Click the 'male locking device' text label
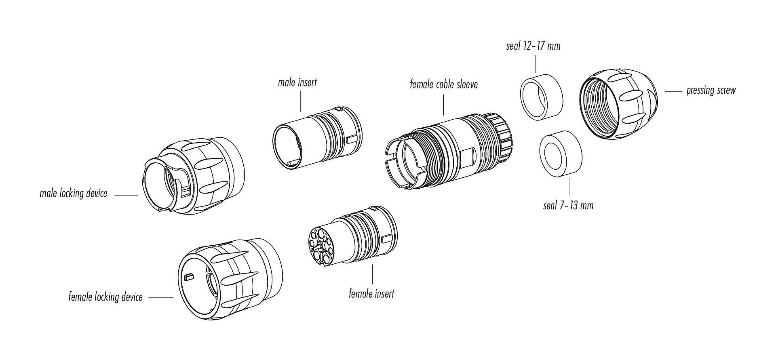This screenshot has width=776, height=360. tap(74, 194)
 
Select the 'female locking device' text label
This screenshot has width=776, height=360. tap(105, 297)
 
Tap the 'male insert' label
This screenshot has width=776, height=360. tap(297, 83)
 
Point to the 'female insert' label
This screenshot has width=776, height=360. tap(371, 294)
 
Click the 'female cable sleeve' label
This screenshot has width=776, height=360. tap(443, 84)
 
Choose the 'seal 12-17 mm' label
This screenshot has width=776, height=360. tap(533, 46)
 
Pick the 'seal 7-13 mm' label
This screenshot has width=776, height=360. tap(568, 206)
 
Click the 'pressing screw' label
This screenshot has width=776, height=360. tap(711, 91)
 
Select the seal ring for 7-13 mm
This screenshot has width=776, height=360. tap(561, 154)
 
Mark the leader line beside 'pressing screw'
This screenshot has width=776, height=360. tap(673, 92)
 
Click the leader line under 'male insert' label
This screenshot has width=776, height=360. tap(300, 101)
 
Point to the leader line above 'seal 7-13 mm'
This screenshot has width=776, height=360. tap(570, 187)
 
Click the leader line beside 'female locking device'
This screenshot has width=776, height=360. tap(161, 298)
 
